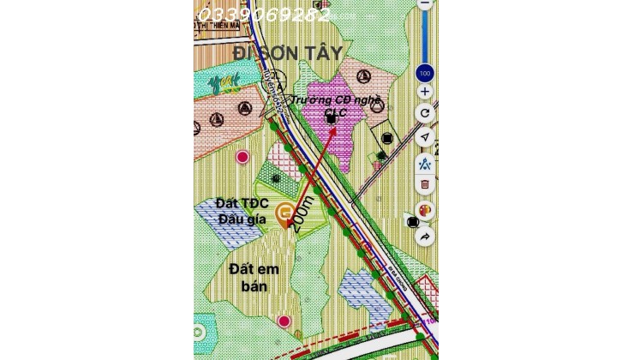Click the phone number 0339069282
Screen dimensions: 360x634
264,15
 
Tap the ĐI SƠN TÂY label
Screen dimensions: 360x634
294,53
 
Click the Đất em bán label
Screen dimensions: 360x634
250,278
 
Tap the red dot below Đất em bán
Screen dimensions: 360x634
284,321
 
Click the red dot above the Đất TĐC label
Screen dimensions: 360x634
243,157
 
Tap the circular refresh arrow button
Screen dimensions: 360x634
425,113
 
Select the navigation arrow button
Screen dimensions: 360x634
425,137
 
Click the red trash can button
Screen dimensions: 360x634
425,183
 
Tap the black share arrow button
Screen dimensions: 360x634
425,236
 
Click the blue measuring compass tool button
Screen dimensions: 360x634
425,161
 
